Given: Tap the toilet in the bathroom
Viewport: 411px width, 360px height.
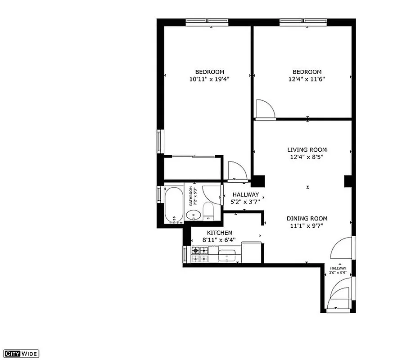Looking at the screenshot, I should (x=208, y=211).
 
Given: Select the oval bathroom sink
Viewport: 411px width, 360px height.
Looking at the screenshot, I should (x=193, y=215).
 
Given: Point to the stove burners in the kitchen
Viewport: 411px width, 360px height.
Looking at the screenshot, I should (x=199, y=255).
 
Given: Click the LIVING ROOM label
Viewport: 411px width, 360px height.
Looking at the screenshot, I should (x=307, y=150).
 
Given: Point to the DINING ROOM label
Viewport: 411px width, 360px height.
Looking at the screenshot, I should (x=307, y=219).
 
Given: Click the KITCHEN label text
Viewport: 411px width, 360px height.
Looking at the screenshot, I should (x=220, y=232).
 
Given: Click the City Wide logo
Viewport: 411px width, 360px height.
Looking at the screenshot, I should (x=21, y=353).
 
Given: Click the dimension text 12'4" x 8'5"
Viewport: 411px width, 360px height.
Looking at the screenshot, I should (x=307, y=157).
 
